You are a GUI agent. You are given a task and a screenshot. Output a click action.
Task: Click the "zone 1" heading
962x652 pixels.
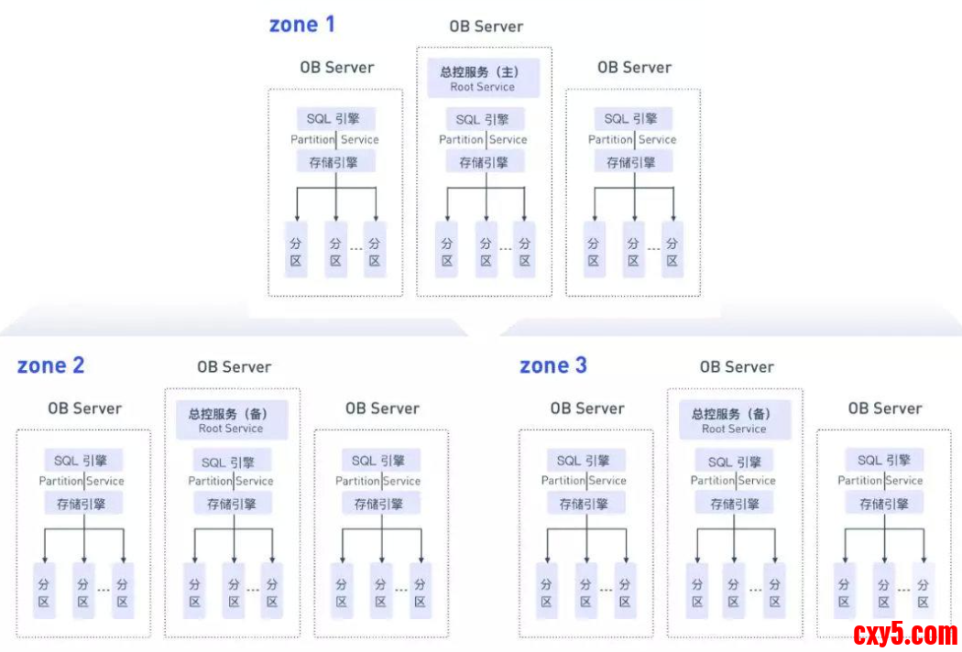[x=301, y=25]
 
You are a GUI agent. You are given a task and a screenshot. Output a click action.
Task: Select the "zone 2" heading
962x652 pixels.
[x=50, y=365]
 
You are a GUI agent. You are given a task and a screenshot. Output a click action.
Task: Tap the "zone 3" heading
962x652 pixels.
[x=553, y=365]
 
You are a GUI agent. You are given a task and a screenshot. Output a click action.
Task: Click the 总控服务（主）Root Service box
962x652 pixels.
[x=483, y=79]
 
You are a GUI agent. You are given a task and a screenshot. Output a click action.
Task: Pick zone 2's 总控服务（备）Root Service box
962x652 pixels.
[x=231, y=420]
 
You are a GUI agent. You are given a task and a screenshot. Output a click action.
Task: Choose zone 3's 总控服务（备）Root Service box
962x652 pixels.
[x=734, y=420]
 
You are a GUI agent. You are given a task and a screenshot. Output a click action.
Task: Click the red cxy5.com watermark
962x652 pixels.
[x=905, y=633]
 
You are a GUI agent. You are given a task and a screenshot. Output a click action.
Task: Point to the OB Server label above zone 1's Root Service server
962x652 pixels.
[x=486, y=27]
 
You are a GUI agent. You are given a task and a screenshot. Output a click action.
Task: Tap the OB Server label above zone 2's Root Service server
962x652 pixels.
[x=234, y=367]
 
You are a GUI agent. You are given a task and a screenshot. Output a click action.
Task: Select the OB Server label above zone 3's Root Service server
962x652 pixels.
[x=737, y=367]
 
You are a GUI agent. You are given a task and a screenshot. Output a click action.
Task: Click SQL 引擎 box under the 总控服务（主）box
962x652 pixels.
[x=483, y=119]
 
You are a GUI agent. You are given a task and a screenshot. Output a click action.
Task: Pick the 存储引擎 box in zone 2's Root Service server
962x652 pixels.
[x=231, y=504]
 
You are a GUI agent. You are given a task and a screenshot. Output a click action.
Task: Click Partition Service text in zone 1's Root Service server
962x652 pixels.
[x=483, y=140]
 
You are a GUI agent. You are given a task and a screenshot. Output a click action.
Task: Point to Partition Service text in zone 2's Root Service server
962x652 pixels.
[x=231, y=482]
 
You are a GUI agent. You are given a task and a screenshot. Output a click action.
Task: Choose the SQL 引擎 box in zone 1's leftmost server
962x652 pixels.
[x=335, y=119]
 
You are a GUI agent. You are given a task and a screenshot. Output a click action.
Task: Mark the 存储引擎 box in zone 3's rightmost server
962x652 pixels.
[x=883, y=504]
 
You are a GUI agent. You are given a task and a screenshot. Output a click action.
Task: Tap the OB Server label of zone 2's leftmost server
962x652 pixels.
[x=84, y=408]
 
